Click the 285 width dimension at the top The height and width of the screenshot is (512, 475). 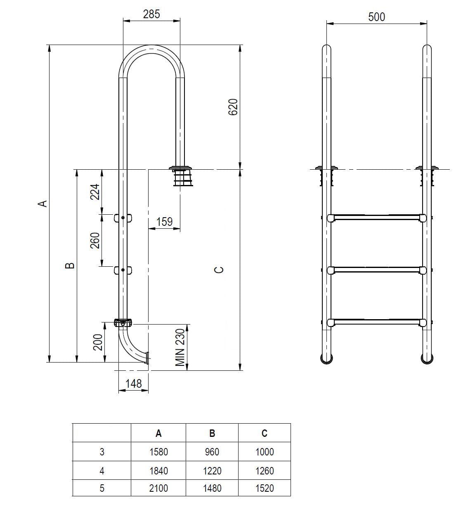[x=151, y=14]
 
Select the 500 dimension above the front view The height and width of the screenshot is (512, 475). [x=376, y=17]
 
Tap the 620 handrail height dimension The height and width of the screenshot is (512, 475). [x=233, y=107]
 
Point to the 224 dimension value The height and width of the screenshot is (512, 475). [x=95, y=192]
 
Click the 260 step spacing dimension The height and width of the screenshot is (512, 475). [x=95, y=240]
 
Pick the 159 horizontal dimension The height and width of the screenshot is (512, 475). [x=164, y=222]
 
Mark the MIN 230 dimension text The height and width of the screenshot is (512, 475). [x=180, y=347]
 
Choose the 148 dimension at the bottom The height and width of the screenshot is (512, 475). [x=134, y=384]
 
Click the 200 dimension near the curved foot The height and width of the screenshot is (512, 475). [x=98, y=342]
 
